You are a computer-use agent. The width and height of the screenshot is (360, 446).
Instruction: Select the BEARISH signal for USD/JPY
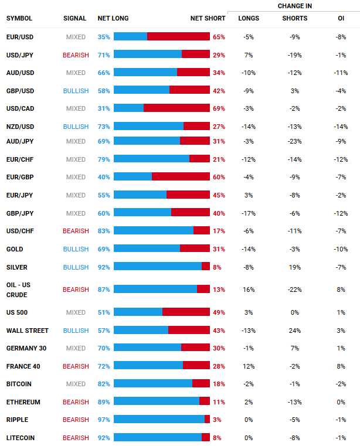coord(76,55)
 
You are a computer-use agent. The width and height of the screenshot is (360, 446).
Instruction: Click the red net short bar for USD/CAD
coord(176,108)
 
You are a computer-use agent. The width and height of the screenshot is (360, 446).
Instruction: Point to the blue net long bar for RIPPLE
coord(159,420)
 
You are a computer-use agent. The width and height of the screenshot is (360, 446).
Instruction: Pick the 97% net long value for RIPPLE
coord(104,420)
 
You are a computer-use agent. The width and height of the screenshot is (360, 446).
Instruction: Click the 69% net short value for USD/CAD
coord(219,108)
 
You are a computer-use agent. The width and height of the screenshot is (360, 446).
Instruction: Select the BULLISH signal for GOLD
coord(76,249)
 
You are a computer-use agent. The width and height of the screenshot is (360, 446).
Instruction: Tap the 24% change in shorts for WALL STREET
coord(294,331)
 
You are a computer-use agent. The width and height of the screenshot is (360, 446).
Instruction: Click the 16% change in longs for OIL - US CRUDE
coord(249,289)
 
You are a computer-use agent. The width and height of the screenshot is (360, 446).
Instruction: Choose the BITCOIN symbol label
coord(19,384)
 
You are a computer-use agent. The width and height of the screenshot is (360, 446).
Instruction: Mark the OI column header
coord(341,18)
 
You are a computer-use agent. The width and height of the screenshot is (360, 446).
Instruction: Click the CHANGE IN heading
coord(294,6)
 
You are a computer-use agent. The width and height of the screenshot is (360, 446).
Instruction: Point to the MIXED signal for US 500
coord(76,312)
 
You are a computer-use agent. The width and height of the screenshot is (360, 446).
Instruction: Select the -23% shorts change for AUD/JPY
coord(294,141)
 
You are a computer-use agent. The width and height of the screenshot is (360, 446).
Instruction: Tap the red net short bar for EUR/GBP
coord(181,177)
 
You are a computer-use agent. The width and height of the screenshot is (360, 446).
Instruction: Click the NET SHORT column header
coord(208,18)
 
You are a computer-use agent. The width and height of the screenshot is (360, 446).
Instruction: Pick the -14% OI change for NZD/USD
coord(341,127)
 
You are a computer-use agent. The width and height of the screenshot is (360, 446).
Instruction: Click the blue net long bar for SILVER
coord(157,267)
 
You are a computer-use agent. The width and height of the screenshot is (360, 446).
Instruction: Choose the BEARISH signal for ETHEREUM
coord(76,402)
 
